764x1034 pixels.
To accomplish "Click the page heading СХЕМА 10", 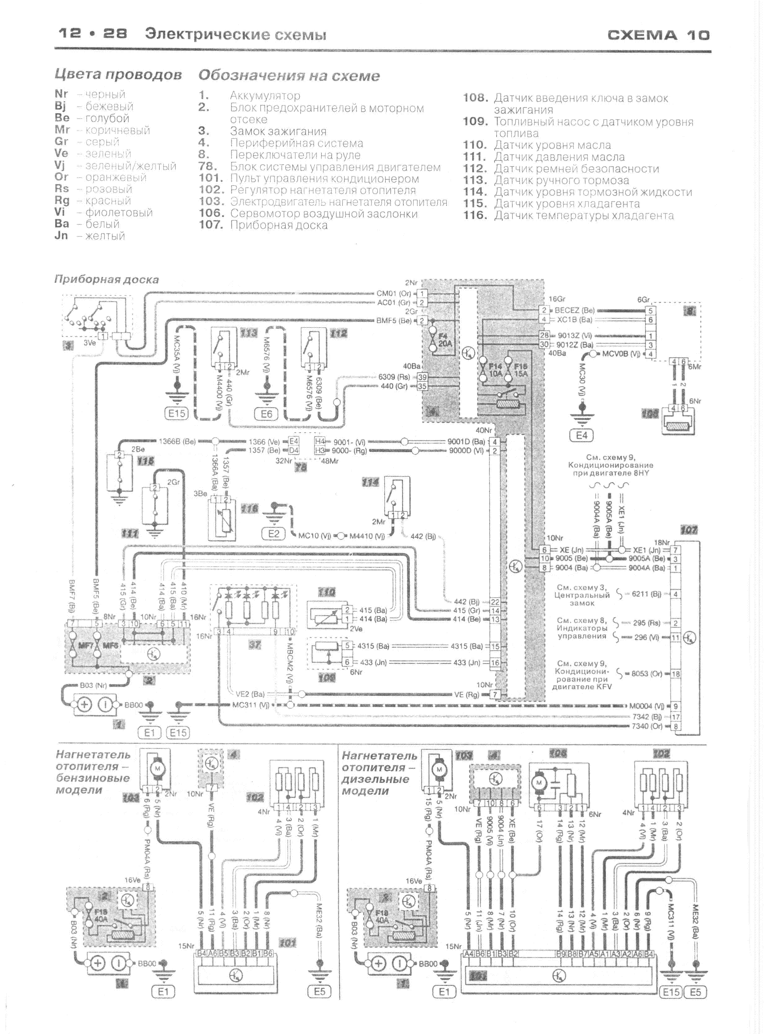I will point(658,35).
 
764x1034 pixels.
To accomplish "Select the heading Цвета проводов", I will point(118,74).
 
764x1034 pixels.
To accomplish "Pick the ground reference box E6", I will point(266,414).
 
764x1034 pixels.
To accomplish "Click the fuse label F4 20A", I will point(444,339).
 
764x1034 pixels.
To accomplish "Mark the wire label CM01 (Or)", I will point(393,293).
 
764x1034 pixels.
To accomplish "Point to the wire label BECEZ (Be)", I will point(574,310).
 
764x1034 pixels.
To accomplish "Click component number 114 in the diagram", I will point(370,482).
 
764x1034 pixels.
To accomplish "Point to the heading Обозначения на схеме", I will point(289,75).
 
